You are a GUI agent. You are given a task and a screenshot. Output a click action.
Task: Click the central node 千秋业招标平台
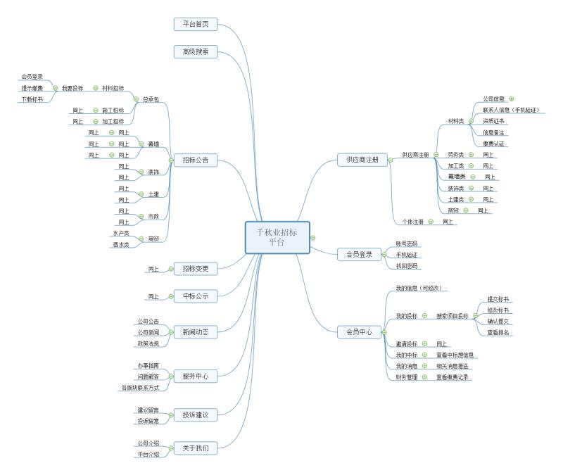(277, 237)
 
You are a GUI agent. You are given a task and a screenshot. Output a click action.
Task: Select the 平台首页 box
(195, 25)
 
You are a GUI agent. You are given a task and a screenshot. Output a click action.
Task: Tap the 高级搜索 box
(195, 51)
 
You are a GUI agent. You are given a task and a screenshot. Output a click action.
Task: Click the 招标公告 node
(195, 160)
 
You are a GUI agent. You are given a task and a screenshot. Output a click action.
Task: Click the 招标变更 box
(195, 268)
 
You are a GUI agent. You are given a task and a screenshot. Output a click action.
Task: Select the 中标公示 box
(195, 296)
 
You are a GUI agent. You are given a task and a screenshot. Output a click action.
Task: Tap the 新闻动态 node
(195, 331)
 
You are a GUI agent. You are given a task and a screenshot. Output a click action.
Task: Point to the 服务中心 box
(195, 376)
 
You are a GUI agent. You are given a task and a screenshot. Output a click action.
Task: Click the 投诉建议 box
(195, 414)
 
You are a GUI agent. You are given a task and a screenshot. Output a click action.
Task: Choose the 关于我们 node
(195, 447)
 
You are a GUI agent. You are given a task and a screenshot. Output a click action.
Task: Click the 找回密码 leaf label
(407, 266)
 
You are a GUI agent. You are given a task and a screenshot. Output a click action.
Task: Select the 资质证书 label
(493, 121)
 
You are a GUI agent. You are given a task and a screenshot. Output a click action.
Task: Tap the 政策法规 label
(148, 343)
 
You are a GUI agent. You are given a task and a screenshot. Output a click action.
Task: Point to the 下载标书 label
(32, 99)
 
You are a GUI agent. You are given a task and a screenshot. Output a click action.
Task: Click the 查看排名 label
(498, 332)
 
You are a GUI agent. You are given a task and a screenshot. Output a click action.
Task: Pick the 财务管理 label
(407, 377)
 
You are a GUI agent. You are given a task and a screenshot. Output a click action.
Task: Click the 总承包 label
(151, 99)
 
